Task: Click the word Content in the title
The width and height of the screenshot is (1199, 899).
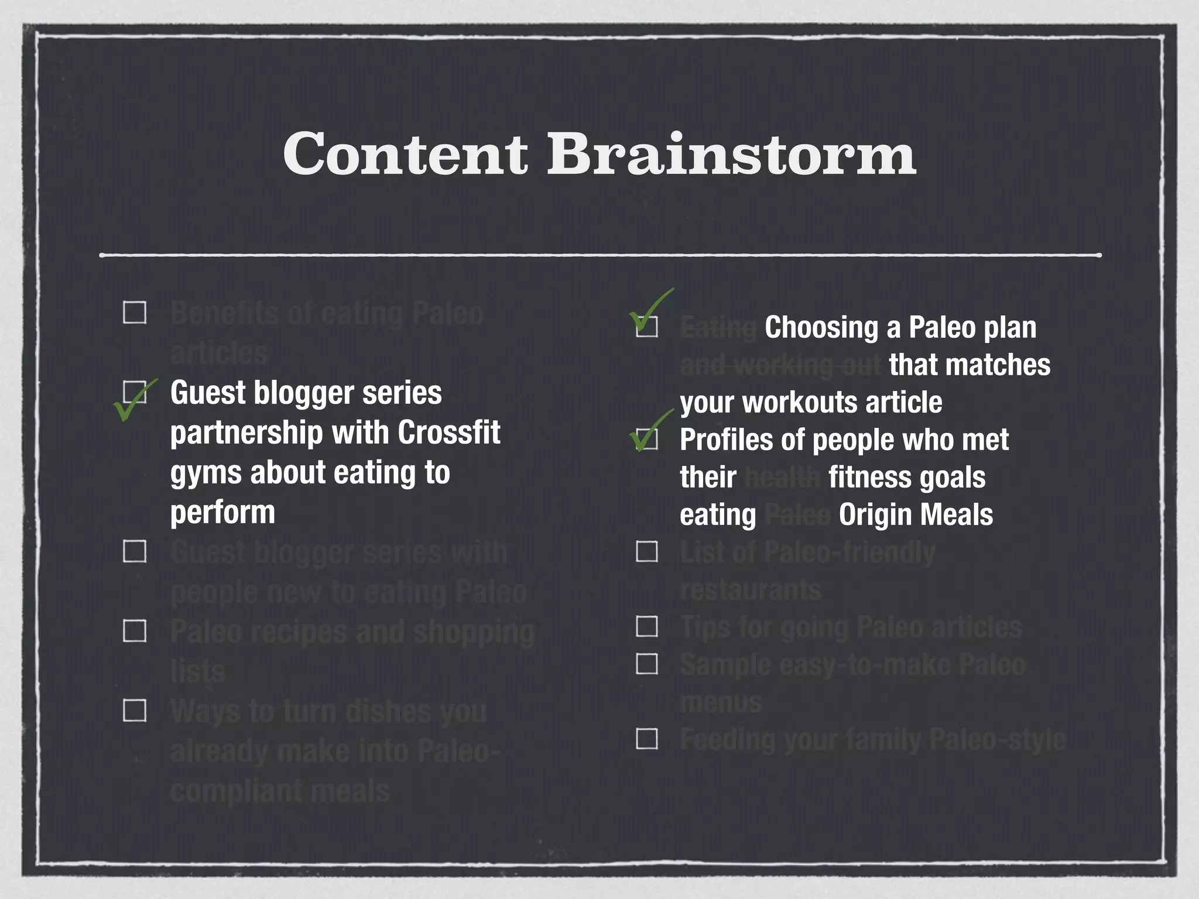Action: (x=405, y=154)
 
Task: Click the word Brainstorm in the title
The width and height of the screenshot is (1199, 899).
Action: (x=731, y=154)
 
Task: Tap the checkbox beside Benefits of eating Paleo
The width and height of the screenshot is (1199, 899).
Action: (x=135, y=313)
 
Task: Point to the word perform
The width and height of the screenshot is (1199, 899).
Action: (x=222, y=513)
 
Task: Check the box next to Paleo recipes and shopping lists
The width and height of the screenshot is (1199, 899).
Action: (x=135, y=631)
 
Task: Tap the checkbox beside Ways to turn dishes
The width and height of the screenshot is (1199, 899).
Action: (x=135, y=711)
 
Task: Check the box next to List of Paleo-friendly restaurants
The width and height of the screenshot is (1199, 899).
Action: (x=647, y=551)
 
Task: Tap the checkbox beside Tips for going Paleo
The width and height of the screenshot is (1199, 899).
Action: (x=647, y=626)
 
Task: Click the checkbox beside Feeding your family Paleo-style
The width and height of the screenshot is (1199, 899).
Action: (x=647, y=739)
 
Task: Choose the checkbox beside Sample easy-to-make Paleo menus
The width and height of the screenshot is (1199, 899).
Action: (x=647, y=664)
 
